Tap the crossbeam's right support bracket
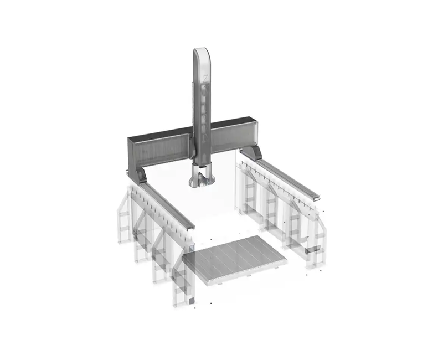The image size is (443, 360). (251, 152)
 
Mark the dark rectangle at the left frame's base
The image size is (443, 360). (190, 301)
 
